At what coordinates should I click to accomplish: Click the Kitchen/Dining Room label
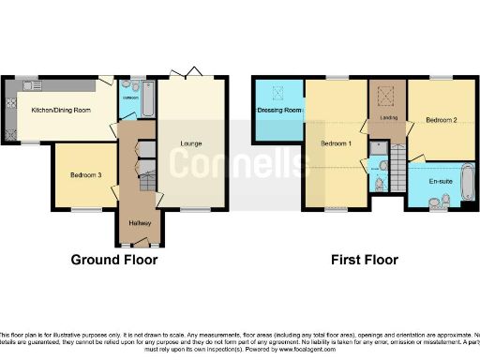click(x=61, y=111)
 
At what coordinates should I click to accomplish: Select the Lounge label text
click(x=191, y=142)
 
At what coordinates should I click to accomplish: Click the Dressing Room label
click(x=278, y=111)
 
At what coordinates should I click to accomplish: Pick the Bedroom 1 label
click(x=336, y=144)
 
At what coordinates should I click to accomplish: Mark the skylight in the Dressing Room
click(x=277, y=92)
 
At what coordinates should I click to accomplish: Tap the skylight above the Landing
click(x=384, y=96)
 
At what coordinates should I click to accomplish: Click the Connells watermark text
click(x=239, y=161)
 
